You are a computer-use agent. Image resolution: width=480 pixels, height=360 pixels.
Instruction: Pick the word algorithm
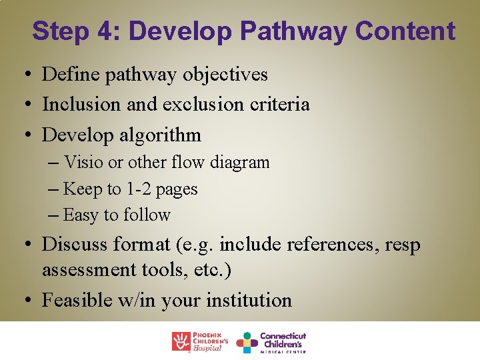(160, 135)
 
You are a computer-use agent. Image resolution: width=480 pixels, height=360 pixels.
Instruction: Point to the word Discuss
(74, 245)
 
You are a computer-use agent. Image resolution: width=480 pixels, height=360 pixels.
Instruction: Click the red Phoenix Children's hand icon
(181, 341)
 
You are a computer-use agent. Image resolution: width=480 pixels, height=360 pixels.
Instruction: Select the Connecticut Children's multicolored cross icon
(247, 342)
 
